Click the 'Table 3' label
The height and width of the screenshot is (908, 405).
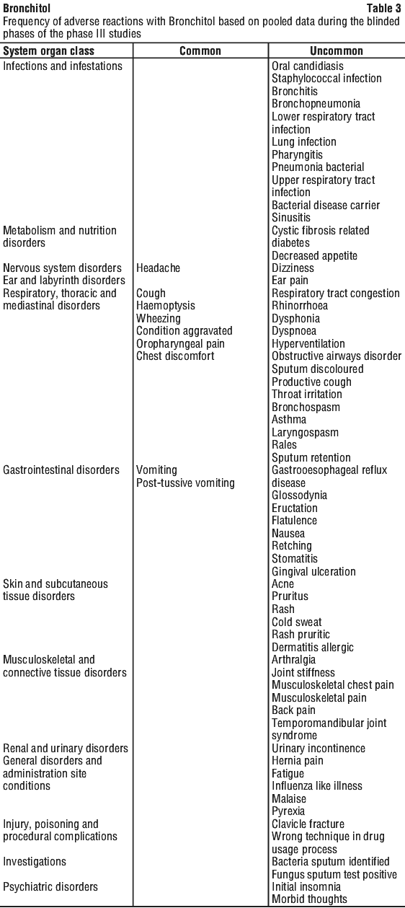point(383,8)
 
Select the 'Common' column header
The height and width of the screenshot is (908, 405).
point(200,50)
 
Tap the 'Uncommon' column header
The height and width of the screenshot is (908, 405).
point(337,50)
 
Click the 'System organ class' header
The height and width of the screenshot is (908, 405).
point(48,50)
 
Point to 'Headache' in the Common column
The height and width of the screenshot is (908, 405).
point(158,268)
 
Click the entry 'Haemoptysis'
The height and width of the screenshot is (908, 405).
point(166,306)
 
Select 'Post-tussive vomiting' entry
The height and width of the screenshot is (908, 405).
point(185,482)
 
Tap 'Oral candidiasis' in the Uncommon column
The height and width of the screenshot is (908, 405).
point(308,66)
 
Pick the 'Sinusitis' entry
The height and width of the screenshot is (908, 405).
point(291,218)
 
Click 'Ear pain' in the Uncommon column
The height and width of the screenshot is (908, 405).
point(290,281)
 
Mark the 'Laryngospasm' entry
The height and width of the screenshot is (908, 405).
point(305,433)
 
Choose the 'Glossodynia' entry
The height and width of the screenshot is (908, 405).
point(299,495)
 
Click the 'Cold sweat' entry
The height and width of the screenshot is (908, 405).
point(297,622)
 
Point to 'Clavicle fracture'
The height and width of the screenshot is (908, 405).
point(308,824)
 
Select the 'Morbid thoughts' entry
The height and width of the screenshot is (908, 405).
point(309,899)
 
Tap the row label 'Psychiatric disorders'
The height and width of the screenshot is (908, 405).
point(50,886)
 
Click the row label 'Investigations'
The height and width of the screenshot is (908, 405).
point(35,861)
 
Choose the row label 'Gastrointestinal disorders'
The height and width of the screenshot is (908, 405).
point(61,470)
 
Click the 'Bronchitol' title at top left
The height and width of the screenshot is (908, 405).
point(27,8)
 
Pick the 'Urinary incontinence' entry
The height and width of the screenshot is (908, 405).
point(319,749)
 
